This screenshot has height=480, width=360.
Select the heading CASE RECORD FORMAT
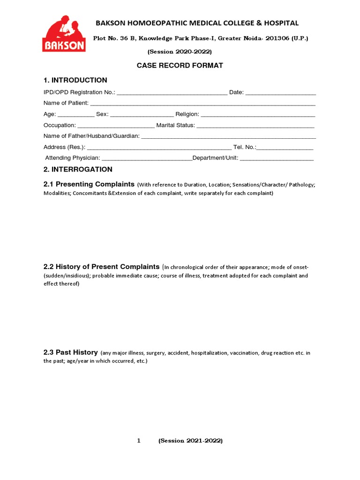180,65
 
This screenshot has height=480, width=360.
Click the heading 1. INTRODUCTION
75,80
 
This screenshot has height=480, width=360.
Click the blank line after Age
76,115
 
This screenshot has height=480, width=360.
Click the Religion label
187,114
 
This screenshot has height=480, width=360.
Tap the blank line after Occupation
116,126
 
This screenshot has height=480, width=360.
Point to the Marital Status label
175,125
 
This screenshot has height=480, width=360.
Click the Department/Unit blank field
277,159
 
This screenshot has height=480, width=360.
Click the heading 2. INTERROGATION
78,169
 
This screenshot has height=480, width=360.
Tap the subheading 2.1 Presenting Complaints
89,184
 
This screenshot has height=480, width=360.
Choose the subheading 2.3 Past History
70,352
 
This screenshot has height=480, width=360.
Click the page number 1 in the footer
139,441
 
